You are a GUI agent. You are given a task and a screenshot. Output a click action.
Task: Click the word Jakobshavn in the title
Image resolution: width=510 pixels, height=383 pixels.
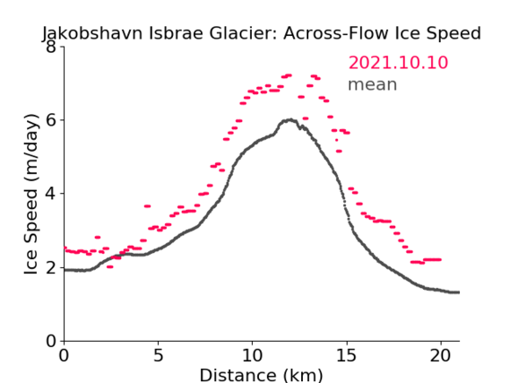point(92,33)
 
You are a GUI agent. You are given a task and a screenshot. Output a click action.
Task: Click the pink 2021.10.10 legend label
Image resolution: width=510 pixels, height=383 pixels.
point(398,63)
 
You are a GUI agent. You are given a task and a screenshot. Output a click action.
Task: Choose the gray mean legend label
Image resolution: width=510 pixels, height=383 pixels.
point(373,84)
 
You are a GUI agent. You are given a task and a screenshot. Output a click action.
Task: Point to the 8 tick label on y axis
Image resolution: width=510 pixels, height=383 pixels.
point(51,47)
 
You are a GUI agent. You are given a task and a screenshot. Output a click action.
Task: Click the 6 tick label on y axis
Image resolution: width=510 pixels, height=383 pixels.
point(51,120)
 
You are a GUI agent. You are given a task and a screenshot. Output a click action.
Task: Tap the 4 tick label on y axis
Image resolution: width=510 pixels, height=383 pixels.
point(51,194)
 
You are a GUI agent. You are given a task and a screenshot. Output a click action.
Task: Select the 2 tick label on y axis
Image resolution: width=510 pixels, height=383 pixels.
point(51,267)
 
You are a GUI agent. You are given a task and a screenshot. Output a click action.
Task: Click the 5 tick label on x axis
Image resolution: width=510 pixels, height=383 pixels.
point(158,355)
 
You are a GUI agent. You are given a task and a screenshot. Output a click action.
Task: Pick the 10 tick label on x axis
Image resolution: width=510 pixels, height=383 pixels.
point(252,355)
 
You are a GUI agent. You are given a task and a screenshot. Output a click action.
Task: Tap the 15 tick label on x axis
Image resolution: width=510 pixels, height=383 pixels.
point(346,355)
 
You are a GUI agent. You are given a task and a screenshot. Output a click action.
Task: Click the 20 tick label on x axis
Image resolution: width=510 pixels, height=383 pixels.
point(440,355)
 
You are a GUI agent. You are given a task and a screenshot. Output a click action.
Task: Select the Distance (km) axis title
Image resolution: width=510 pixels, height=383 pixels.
point(261,375)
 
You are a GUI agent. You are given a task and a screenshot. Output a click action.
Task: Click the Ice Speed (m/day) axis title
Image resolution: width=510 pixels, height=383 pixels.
point(31,195)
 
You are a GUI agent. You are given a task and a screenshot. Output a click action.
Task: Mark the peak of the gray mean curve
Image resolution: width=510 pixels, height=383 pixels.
point(290,120)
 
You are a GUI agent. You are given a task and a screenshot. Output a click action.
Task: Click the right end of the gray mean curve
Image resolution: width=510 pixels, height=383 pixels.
point(459,292)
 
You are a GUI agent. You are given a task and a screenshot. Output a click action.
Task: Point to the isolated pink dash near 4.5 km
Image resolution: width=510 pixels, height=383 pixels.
point(147,206)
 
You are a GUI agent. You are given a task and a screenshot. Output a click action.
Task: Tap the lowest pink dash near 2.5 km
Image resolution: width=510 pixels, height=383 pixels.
point(110,266)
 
